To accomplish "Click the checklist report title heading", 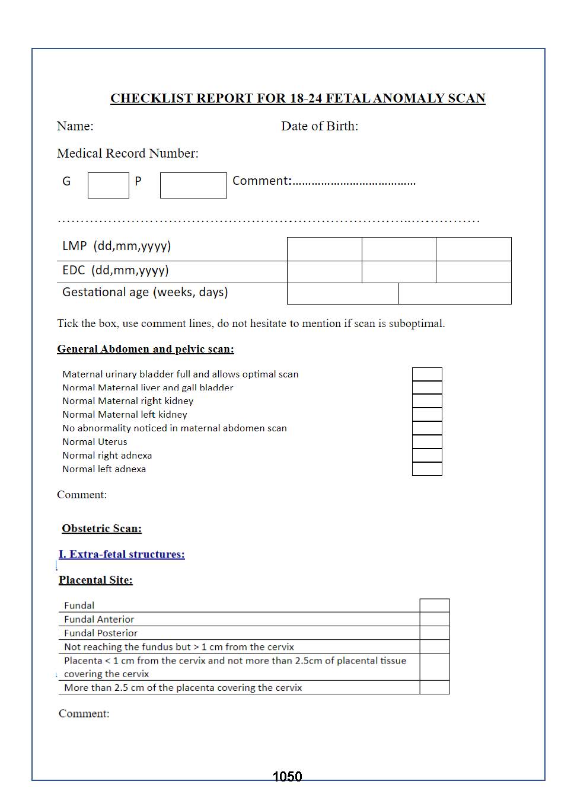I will (298, 98).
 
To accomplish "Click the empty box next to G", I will (109, 185).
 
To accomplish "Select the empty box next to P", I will (193, 185).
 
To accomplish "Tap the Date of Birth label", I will (319, 126).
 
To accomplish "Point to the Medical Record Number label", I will (127, 153).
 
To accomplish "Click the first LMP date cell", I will (324, 249).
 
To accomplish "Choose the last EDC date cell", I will (473, 272).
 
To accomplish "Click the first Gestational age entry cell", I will (343, 294).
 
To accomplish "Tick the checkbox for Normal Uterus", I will (427, 442).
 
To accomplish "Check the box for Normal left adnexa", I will (427, 469).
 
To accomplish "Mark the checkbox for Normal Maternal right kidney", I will (427, 401).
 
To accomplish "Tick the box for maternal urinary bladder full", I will (427, 374).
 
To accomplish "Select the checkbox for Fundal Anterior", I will (435, 619).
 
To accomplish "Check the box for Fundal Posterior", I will (435, 633).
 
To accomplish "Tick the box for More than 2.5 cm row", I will (435, 687).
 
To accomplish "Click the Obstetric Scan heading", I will (101, 528).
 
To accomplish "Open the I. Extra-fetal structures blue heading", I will (122, 555).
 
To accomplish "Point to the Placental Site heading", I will (95, 580).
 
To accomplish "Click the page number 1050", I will (287, 777).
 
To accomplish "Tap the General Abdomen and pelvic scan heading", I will (145, 349).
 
